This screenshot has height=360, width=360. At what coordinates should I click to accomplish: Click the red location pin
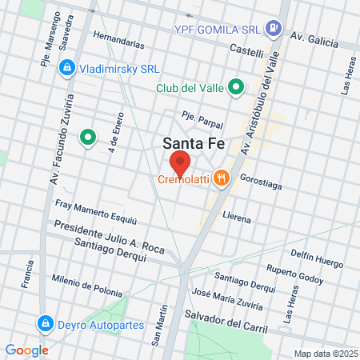[x=178, y=164]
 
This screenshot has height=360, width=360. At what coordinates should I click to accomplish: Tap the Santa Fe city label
[x=192, y=144]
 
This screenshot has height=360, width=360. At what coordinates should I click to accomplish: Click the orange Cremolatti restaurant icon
[x=224, y=179]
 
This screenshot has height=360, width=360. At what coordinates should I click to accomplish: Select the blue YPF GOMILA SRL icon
[x=274, y=29]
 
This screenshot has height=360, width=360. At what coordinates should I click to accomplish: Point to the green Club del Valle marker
[x=236, y=87]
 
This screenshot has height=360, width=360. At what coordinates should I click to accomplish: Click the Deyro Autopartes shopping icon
[x=45, y=324]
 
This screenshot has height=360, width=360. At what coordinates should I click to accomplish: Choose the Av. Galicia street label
[x=314, y=38]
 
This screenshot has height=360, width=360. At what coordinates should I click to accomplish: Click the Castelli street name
[x=246, y=52]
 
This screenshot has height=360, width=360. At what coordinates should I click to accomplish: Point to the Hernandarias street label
[x=118, y=37]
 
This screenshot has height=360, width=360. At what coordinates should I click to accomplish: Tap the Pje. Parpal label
[x=202, y=116]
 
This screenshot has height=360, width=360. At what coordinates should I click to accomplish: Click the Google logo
[x=26, y=350]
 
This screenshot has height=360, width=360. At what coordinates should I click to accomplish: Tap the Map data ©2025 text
[x=325, y=353]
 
